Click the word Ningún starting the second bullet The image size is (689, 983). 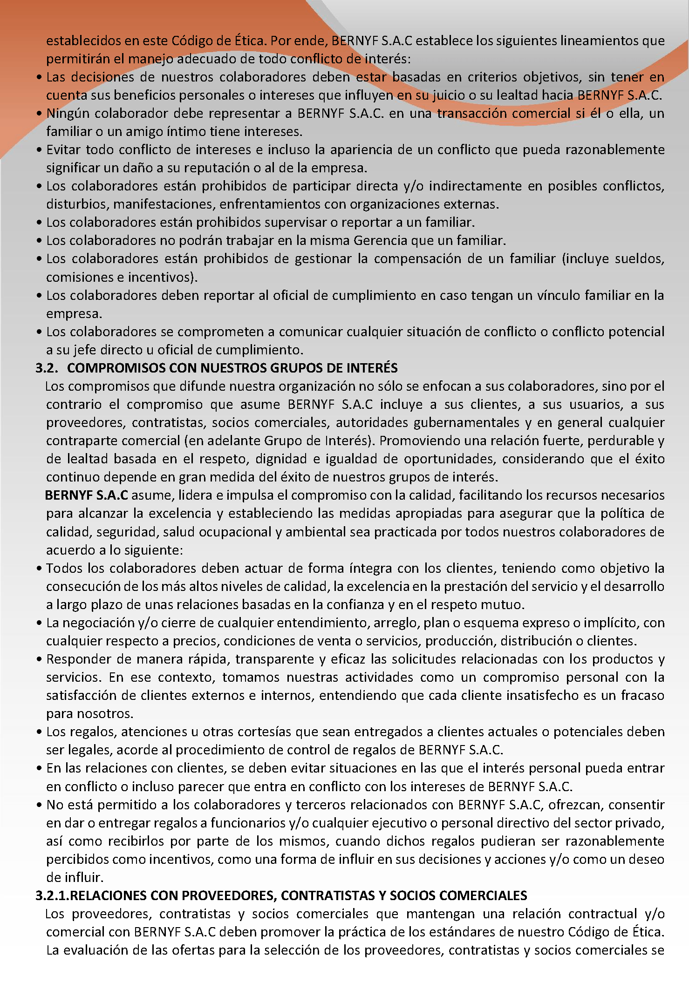click(69, 114)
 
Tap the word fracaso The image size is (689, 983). click(643, 696)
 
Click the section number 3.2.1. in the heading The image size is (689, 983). click(54, 895)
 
